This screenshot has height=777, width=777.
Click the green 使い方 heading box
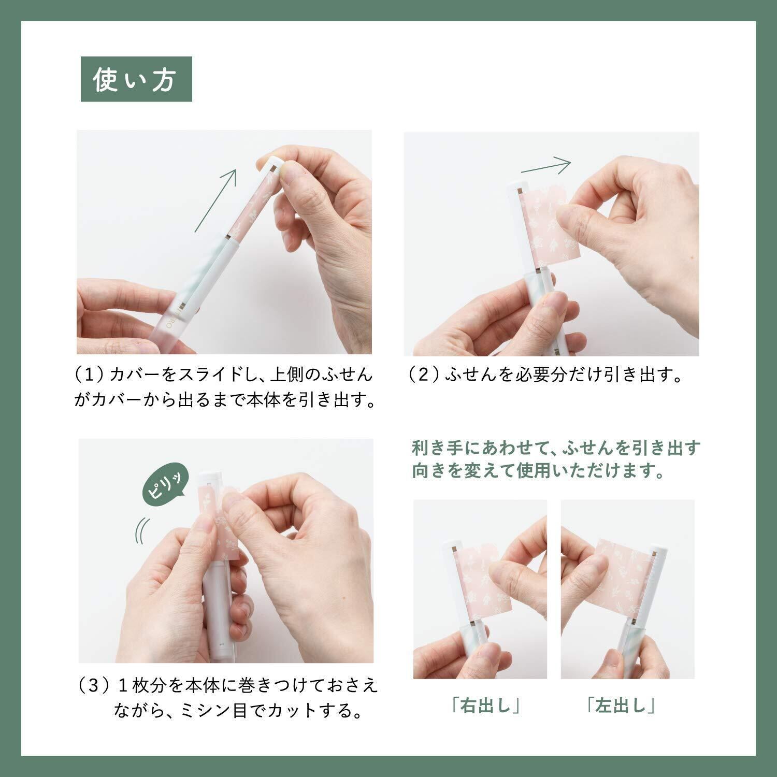[136, 79]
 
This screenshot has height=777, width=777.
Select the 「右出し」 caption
[485, 706]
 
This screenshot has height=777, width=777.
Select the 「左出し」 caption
[621, 706]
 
